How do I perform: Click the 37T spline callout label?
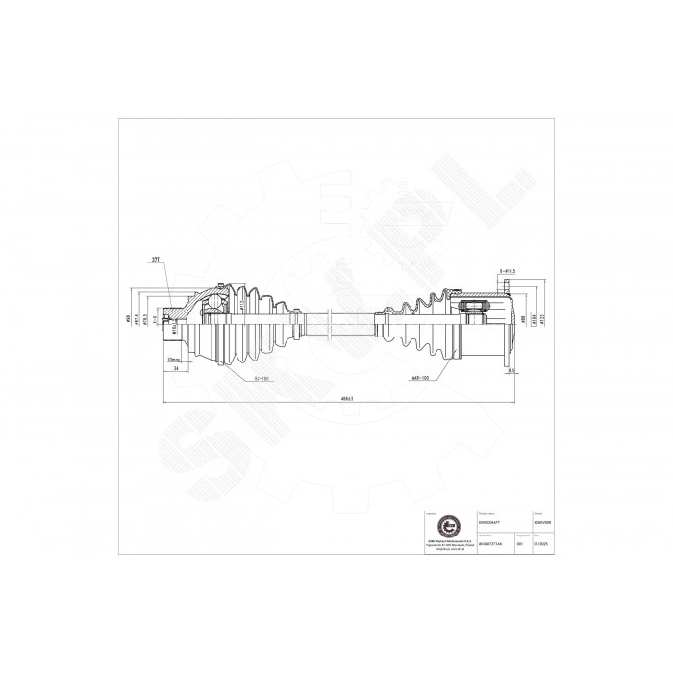point(157,261)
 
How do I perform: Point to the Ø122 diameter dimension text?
point(544,322)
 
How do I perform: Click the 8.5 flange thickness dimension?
point(511,369)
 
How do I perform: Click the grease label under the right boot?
point(420,378)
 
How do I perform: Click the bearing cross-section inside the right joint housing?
point(475,309)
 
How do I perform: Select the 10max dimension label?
point(173,359)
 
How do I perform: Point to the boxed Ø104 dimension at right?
point(534,322)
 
